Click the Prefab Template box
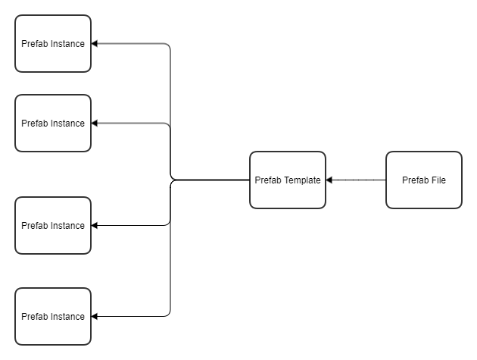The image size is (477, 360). pos(288,180)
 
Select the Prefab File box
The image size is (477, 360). pos(424,180)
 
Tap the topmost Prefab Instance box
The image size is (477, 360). pos(53,43)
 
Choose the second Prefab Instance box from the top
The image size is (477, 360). pos(53,123)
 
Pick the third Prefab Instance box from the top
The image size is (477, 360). pos(53,225)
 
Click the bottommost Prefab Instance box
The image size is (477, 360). pos(53,316)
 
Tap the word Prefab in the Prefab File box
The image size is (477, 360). pos(415,180)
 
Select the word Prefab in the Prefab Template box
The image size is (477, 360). pos(268,180)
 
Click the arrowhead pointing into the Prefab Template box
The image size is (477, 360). pos(329,180)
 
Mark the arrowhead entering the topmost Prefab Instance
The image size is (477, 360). pos(95,44)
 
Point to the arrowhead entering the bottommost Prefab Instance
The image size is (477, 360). pos(95,316)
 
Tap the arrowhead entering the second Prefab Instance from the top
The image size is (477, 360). pos(95,123)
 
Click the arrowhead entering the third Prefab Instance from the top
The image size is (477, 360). pos(95,225)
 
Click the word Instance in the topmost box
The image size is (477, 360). pos(67,44)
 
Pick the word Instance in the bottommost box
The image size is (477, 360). pos(67,317)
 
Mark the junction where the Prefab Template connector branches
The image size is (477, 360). pos(171,180)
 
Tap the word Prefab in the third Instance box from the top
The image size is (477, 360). pos(35,226)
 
